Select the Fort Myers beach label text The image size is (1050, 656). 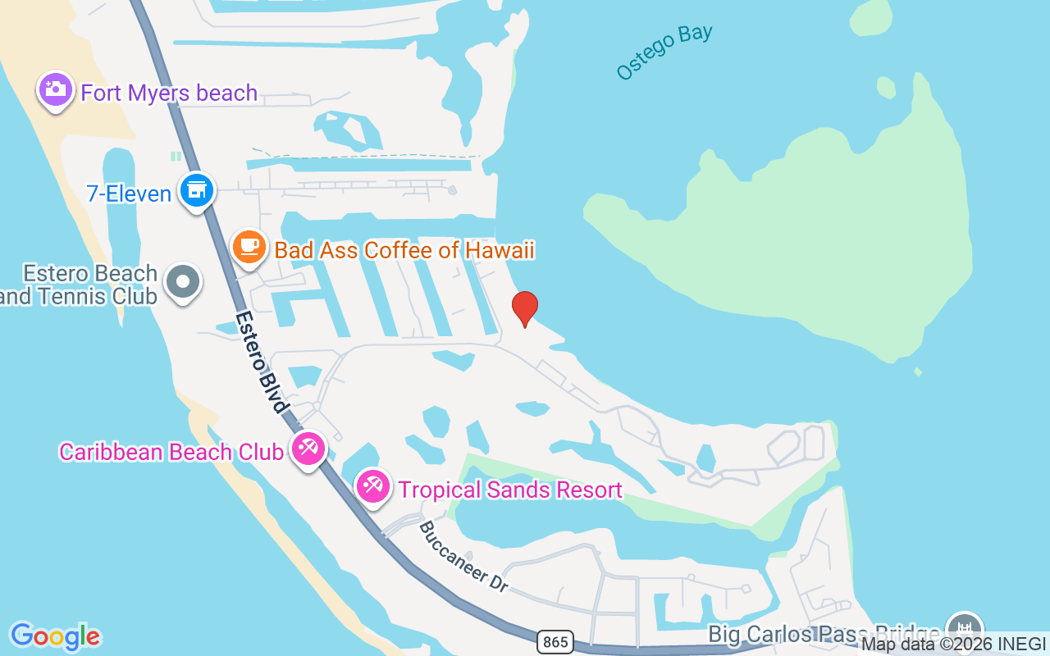click(169, 93)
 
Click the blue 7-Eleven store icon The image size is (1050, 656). click(197, 189)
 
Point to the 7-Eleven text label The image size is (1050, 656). click(129, 194)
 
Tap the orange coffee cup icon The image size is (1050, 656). click(249, 246)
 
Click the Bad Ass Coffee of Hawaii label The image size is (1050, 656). click(404, 250)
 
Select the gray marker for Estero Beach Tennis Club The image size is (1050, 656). click(183, 281)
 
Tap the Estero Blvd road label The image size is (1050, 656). click(262, 361)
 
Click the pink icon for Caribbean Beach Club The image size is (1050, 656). click(308, 448)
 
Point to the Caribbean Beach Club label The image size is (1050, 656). click(171, 452)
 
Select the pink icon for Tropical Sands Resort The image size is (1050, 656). click(373, 486)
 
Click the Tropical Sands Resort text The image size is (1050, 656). click(510, 490)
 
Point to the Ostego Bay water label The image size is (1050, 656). click(664, 52)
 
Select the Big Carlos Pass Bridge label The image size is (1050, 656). click(824, 634)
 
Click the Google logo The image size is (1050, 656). click(55, 636)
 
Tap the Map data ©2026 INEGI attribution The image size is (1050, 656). click(953, 645)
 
